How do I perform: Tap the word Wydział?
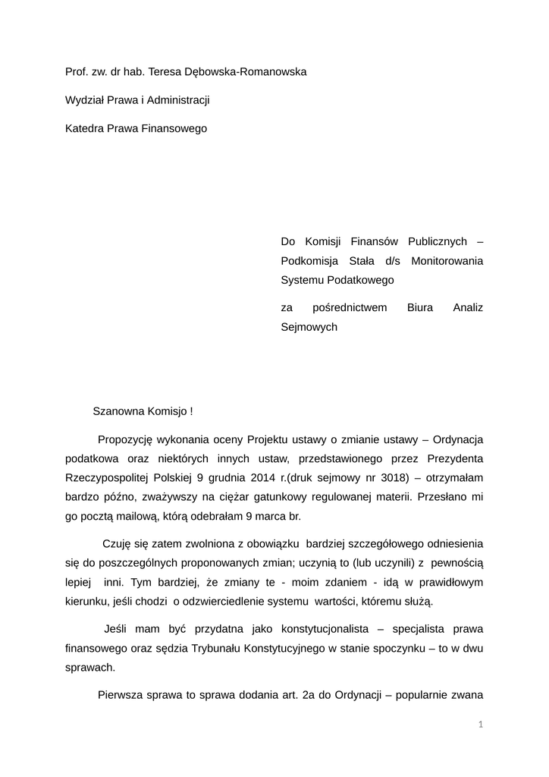tap(86, 100)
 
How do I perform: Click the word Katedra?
tap(86, 129)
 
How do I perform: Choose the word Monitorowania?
tap(447, 261)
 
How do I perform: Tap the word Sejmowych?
tap(309, 327)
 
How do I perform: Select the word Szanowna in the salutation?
tap(119, 411)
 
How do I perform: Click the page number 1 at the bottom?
tap(481, 725)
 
